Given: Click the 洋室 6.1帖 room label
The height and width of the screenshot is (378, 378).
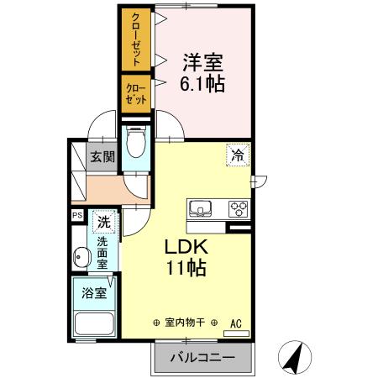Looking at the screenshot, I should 204,71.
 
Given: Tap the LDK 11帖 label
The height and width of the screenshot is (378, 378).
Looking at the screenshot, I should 186,258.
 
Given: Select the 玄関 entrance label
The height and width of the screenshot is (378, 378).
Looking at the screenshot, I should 103,155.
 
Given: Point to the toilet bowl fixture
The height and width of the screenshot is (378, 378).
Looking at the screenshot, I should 134,144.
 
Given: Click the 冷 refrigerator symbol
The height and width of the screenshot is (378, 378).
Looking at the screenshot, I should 237,155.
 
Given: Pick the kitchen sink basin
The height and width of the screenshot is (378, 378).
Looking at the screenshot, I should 202,208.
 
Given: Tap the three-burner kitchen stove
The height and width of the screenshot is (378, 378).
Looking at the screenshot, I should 238,208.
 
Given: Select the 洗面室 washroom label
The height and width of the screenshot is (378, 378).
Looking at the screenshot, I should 102,254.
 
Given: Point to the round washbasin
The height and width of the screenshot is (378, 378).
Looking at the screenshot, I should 81,258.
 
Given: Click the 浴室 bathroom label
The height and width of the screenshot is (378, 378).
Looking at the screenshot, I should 93,294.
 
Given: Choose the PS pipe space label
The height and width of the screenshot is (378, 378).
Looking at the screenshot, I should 77,216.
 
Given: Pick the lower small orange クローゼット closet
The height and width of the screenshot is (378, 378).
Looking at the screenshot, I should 135,92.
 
